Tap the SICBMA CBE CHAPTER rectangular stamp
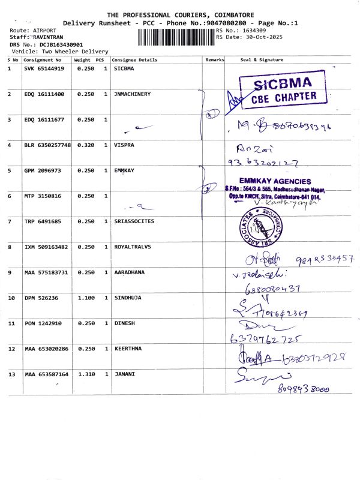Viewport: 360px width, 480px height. pos(283,90)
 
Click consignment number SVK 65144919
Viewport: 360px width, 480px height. pos(44,69)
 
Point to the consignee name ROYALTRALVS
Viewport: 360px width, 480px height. pos(133,247)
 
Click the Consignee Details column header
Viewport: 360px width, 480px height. pos(134,60)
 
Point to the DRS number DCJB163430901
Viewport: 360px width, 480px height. pos(56,44)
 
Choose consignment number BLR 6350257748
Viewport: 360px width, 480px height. pos(47,145)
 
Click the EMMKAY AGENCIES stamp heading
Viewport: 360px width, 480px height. pos(275,181)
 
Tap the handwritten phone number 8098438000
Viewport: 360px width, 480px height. pos(305,389)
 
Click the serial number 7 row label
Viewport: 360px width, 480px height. pos(9,221)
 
